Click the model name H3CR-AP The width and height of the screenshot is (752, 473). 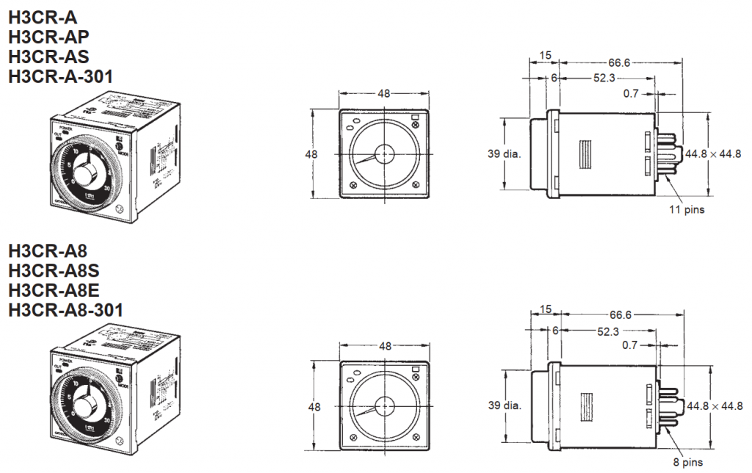tap(48, 37)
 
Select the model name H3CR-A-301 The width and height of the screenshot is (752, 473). tap(61, 75)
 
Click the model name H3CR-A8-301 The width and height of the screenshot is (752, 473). tap(65, 311)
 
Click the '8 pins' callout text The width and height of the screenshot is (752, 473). tap(688, 463)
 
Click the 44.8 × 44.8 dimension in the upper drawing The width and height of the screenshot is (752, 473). tap(713, 154)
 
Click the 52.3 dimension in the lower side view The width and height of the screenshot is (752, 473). tap(607, 331)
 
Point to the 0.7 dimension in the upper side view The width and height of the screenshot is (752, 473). tap(631, 94)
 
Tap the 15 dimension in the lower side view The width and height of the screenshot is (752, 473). tap(545, 308)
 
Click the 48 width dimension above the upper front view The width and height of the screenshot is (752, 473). tap(383, 93)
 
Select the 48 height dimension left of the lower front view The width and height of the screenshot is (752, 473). tap(312, 406)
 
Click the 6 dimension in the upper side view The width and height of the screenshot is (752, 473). tap(554, 77)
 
